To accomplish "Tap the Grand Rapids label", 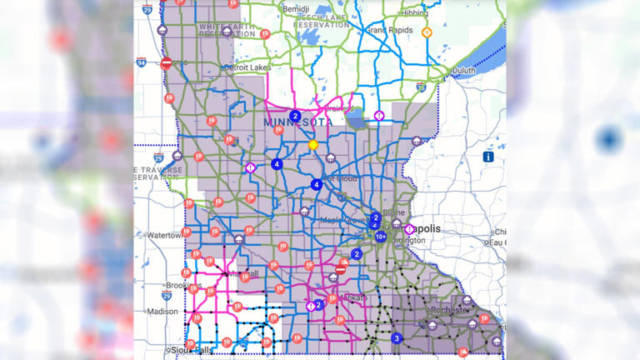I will tap(387, 30).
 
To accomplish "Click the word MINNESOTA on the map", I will tap(297, 122).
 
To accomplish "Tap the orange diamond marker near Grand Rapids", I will tap(427, 32).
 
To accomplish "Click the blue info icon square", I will tap(488, 156).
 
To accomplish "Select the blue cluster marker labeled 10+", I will tap(381, 237).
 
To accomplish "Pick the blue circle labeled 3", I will tap(397, 338).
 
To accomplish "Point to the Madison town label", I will tap(162, 312).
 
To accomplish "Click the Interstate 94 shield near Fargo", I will tap(142, 62).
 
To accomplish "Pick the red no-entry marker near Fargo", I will tap(166, 62).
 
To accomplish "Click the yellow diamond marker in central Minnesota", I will tap(313, 144).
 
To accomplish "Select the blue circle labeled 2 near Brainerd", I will tap(295, 117).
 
